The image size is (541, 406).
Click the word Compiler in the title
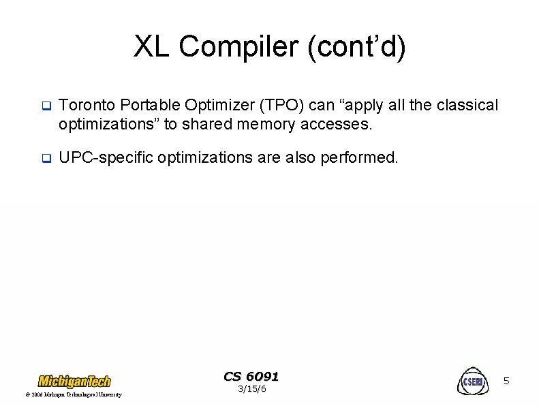[238, 47]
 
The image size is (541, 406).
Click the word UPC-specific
[106, 157]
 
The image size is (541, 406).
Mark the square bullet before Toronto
[46, 106]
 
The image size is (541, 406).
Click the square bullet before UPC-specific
[46, 158]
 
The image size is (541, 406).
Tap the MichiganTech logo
[74, 381]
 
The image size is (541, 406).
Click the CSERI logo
[472, 381]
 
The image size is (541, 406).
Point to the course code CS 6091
[251, 377]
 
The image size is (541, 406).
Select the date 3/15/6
[251, 390]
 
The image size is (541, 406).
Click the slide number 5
[506, 381]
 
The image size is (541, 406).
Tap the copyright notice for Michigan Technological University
[73, 395]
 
